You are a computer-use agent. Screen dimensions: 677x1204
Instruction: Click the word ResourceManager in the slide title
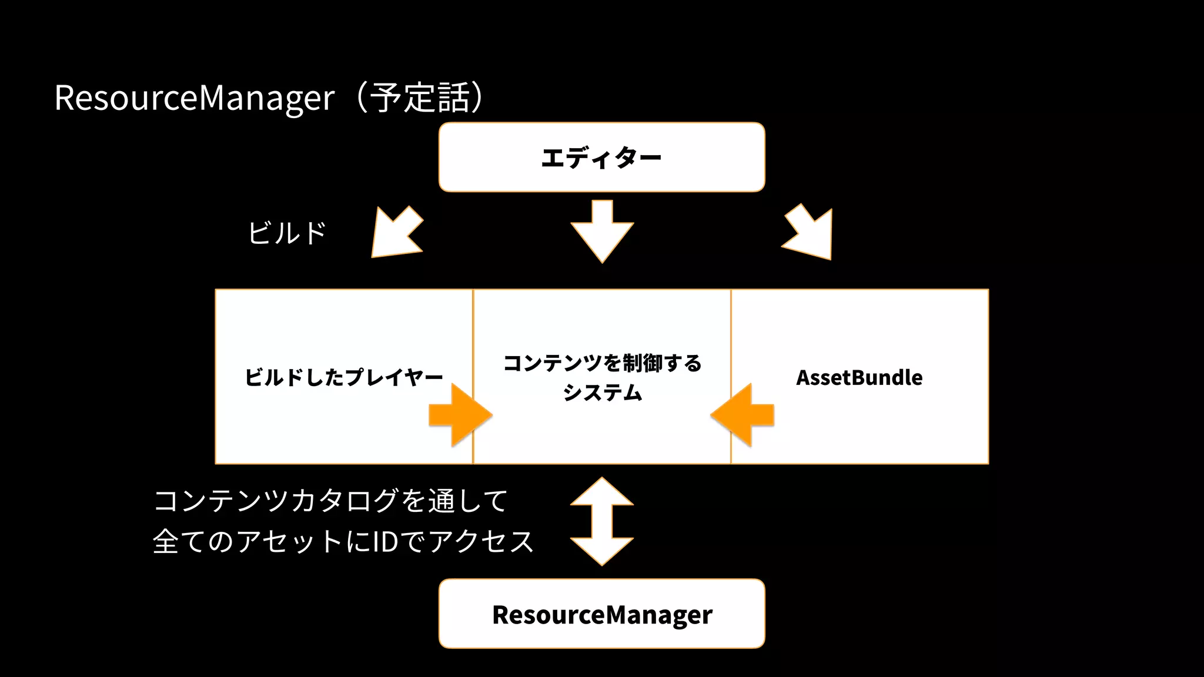pyautogui.click(x=194, y=98)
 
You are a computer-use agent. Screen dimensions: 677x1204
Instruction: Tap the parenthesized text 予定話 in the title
pyautogui.click(x=420, y=98)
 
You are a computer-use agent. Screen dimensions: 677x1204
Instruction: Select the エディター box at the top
pyautogui.click(x=601, y=157)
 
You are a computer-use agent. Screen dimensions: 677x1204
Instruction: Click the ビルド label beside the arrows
pyautogui.click(x=287, y=233)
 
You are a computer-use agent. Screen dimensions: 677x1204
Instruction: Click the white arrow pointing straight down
pyautogui.click(x=602, y=230)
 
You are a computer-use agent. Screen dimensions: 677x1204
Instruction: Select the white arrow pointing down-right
pyautogui.click(x=811, y=234)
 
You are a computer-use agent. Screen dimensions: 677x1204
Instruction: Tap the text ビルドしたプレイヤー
pyautogui.click(x=343, y=377)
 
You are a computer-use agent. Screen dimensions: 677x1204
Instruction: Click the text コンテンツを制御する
pyautogui.click(x=602, y=363)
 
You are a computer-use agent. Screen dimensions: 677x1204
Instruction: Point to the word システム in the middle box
pyautogui.click(x=602, y=393)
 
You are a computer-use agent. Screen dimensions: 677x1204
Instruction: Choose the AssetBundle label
pyautogui.click(x=859, y=377)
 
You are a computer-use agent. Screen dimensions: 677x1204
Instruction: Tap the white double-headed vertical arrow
pyautogui.click(x=602, y=521)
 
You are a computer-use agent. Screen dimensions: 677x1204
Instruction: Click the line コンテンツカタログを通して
pyautogui.click(x=330, y=501)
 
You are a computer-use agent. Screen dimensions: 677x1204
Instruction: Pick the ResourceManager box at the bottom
pyautogui.click(x=601, y=614)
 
